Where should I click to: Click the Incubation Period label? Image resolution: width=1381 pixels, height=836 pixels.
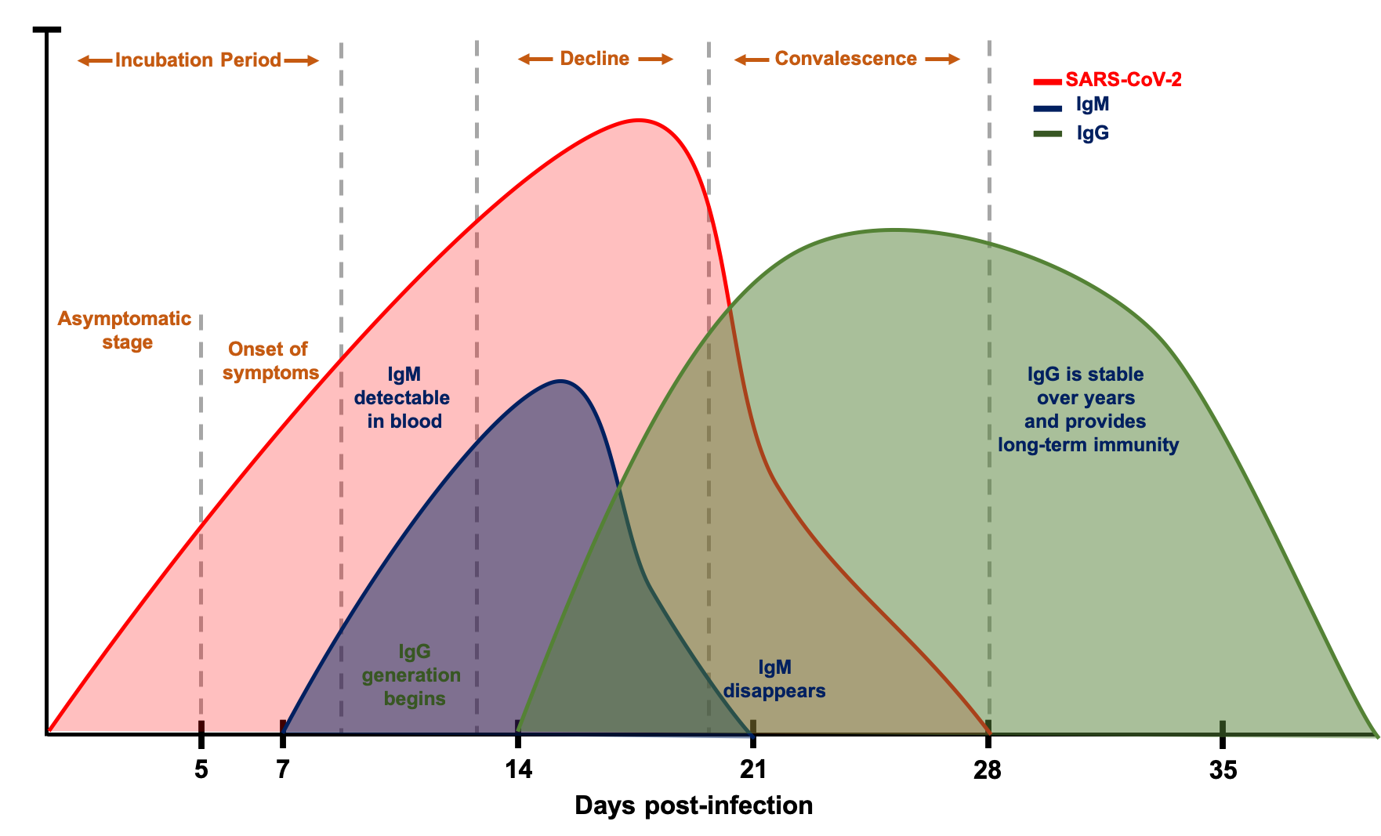point(198,60)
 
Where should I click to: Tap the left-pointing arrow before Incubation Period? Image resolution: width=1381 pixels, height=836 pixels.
point(94,60)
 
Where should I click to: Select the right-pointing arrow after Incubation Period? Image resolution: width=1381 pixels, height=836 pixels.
point(302,60)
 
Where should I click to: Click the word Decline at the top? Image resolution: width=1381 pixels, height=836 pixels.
point(594,59)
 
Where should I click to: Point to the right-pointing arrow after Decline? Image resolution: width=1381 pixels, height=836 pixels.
point(656,59)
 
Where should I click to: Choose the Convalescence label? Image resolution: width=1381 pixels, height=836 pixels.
point(845,59)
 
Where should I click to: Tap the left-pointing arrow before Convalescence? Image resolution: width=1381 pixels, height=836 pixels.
point(751,60)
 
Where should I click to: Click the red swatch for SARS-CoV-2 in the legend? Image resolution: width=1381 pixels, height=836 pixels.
point(1047,81)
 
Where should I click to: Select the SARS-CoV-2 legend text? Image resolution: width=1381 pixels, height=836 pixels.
point(1122,80)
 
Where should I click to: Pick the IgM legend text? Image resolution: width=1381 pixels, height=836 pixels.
point(1092,104)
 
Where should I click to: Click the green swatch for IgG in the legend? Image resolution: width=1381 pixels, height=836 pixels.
point(1047,134)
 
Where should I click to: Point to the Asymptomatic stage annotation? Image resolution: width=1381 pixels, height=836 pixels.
point(125,330)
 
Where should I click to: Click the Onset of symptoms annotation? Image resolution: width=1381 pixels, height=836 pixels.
point(270,360)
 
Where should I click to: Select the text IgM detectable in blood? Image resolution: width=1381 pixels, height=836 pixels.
point(403,398)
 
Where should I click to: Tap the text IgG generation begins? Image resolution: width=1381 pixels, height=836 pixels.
point(412,675)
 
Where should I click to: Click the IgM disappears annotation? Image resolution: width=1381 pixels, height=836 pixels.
point(774,679)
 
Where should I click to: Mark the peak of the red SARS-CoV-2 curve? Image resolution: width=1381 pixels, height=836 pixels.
point(640,119)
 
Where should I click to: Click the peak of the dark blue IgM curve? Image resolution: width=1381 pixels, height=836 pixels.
point(561,381)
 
